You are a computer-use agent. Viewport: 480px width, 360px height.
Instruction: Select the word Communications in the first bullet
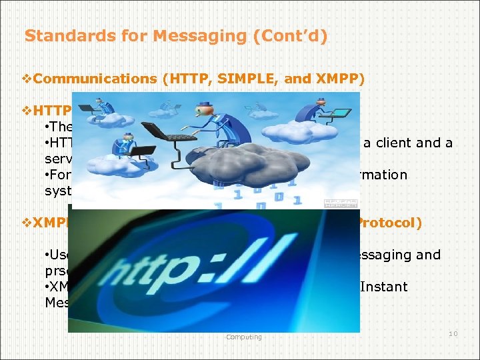[94, 79]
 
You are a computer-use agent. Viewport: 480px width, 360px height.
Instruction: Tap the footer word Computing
[243, 337]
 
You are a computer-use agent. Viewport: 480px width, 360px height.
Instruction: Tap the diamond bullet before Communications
[27, 79]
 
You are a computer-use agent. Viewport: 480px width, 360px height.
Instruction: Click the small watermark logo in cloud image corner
[341, 204]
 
